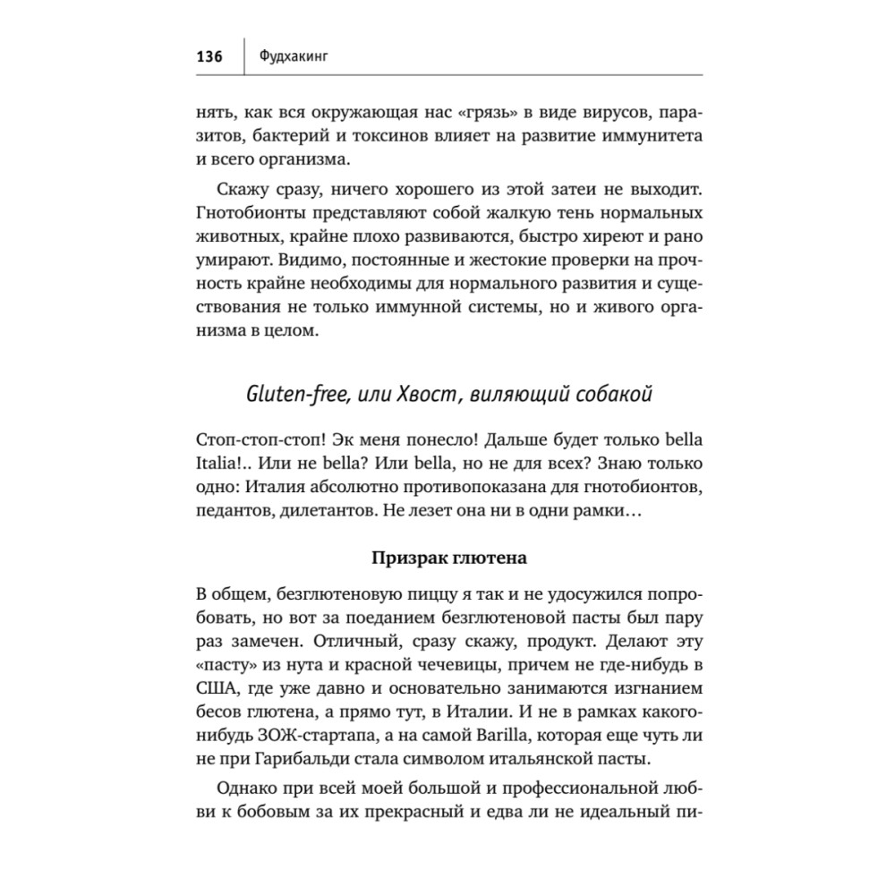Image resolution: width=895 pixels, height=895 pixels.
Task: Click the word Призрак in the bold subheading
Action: coord(407,558)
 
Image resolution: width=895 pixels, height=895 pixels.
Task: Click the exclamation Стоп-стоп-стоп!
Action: coord(252,442)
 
